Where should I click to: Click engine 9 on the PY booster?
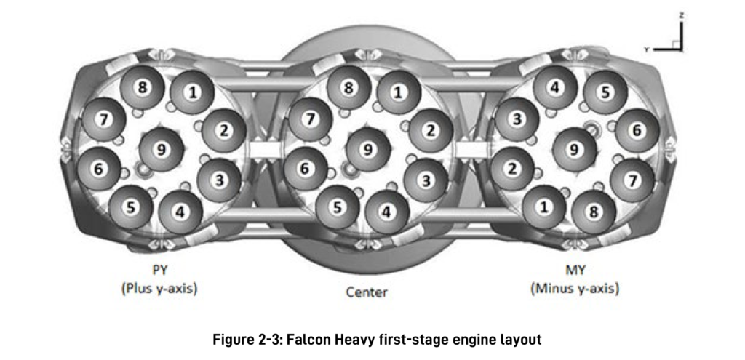(x=162, y=149)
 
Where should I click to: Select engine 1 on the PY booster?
(x=192, y=92)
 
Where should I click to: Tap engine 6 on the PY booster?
(x=99, y=169)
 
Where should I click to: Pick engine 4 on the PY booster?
(x=180, y=212)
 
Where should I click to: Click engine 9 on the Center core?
(x=367, y=149)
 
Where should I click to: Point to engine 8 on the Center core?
(x=349, y=88)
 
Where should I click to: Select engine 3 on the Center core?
(x=426, y=180)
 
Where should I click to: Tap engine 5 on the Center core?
(x=338, y=207)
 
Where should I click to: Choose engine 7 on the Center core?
(x=310, y=119)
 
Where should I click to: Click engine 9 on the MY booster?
(x=575, y=150)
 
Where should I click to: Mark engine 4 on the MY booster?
(x=555, y=87)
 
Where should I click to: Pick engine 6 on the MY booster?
(x=637, y=131)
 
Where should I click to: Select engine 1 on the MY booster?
(x=544, y=207)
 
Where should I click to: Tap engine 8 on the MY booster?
(x=594, y=212)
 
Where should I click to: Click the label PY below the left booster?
(x=160, y=271)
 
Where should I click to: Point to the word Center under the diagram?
(x=367, y=292)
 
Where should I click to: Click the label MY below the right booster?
(x=575, y=271)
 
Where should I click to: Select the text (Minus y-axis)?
(x=575, y=288)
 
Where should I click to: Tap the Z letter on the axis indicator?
(x=681, y=16)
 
